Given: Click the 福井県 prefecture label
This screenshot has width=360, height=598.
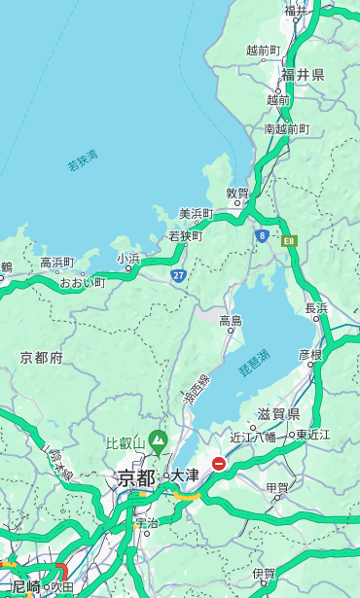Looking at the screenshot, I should (x=303, y=75).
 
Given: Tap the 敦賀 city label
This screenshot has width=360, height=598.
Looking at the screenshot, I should (x=238, y=193).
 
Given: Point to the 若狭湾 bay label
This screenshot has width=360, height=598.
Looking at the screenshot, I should (x=83, y=160).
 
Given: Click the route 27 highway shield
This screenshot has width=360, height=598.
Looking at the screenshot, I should (x=179, y=275).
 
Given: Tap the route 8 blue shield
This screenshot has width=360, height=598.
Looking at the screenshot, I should (x=262, y=235).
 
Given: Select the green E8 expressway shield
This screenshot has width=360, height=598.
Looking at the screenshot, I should (x=289, y=240).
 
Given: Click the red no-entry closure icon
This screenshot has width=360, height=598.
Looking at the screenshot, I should (x=219, y=464).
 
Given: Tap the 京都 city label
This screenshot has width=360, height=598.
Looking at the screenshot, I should (x=135, y=477).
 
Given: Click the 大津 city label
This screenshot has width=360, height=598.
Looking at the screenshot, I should (x=185, y=475).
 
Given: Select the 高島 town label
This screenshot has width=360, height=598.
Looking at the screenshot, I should (x=231, y=321).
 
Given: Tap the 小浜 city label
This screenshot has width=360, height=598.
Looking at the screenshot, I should (x=128, y=259).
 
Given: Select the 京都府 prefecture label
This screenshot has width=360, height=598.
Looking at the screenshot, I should (x=42, y=358).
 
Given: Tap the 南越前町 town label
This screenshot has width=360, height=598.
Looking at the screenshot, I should (x=286, y=129).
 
